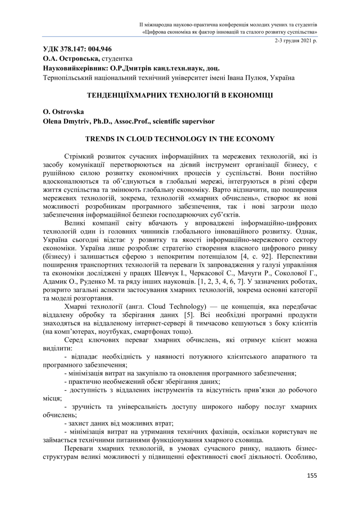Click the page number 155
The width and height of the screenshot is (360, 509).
[x=312, y=475]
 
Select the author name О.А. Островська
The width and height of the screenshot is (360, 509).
[x=71, y=59]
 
